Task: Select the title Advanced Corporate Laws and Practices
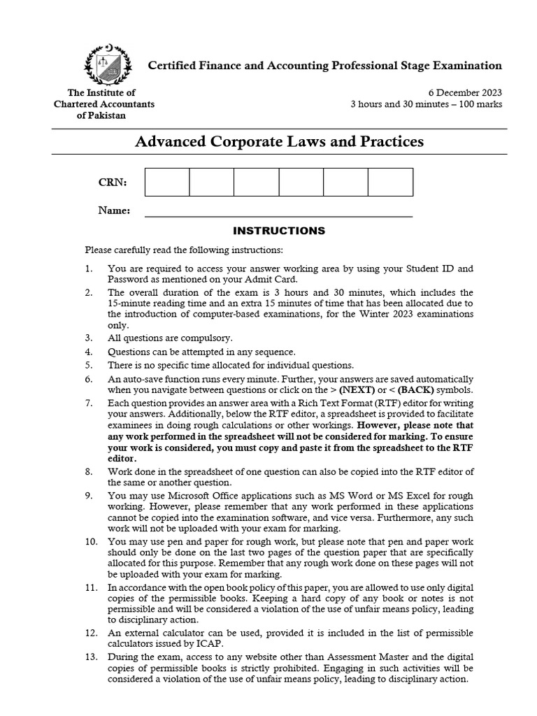click(278, 142)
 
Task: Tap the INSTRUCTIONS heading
click(278, 230)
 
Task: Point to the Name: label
click(114, 210)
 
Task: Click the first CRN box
click(167, 182)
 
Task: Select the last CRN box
click(390, 182)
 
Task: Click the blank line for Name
click(278, 212)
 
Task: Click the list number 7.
click(88, 403)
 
